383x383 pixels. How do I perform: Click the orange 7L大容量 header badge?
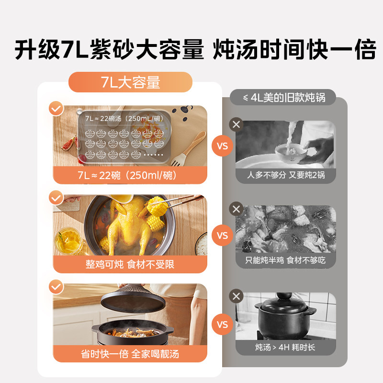click(130, 82)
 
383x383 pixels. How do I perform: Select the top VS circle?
click(223, 146)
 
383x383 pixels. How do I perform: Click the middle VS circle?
click(223, 236)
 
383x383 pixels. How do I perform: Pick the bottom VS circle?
click(223, 325)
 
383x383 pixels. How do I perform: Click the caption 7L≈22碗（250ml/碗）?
click(130, 175)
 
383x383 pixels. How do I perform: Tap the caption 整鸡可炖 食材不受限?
click(130, 264)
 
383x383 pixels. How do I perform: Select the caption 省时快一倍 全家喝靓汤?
click(130, 354)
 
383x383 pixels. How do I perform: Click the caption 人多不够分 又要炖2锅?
click(285, 175)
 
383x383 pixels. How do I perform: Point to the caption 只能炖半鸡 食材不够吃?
click(285, 261)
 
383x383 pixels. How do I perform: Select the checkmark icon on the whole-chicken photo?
click(56, 197)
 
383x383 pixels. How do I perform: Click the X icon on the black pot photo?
click(236, 295)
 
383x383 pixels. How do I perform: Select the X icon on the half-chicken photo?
click(236, 209)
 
